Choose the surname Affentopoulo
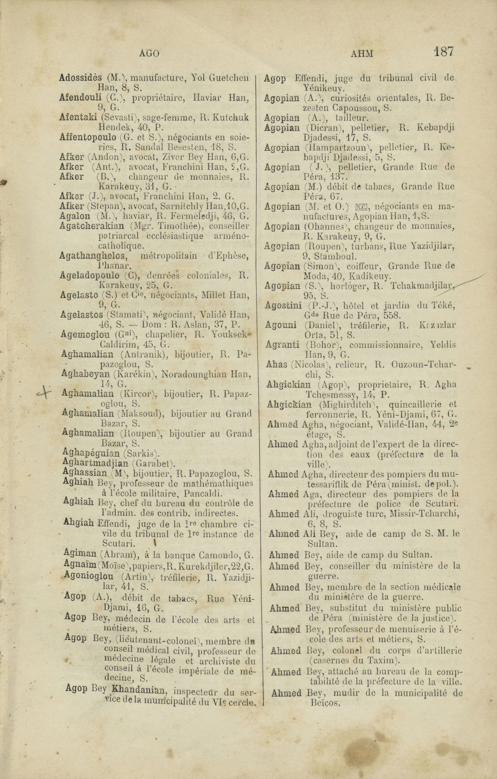[88, 137]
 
